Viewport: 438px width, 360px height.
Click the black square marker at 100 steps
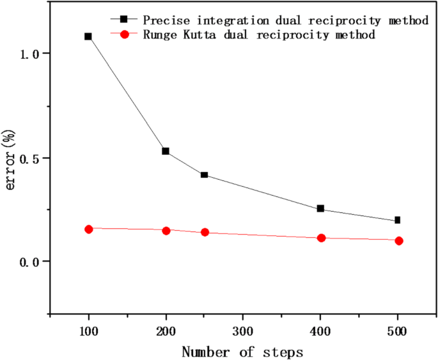click(88, 36)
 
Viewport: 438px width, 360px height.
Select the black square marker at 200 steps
click(166, 151)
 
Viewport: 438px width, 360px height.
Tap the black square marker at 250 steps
click(204, 175)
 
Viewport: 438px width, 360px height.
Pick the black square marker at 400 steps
click(320, 208)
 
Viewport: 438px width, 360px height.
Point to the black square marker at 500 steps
click(397, 220)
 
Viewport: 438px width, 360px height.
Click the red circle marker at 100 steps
click(89, 229)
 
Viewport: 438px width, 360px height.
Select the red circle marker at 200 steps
click(166, 230)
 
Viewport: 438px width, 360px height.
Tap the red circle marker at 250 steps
click(205, 232)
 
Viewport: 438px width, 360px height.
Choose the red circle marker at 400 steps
click(321, 238)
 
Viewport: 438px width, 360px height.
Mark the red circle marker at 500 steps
click(398, 240)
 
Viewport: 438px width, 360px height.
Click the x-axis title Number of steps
click(242, 350)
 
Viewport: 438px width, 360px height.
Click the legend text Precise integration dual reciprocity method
click(286, 20)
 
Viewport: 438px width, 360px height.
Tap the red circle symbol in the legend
click(124, 35)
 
